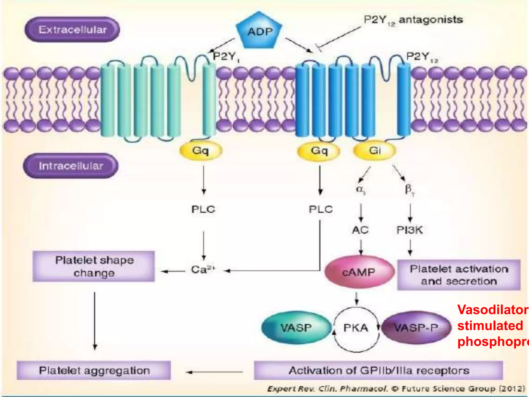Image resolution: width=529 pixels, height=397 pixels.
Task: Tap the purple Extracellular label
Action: pos(72,29)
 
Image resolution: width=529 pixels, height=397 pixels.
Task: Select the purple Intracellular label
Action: pos(71,166)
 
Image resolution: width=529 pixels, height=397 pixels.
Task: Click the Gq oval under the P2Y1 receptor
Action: pos(201,151)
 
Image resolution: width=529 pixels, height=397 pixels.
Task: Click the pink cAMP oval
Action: pos(359,272)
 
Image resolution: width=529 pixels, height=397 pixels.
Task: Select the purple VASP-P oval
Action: pos(416,328)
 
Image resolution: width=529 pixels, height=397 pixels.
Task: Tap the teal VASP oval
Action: pos(296,328)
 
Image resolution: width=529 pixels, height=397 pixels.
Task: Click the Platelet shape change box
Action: pos(94,266)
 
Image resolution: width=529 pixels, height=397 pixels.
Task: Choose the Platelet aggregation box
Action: pos(94,370)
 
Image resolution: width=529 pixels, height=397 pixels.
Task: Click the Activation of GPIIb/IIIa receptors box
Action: pos(378,370)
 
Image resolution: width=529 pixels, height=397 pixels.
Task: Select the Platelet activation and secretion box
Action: pos(459,275)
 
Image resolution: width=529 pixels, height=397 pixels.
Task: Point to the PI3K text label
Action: pos(409,230)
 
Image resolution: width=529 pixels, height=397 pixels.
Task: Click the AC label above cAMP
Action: pos(360,230)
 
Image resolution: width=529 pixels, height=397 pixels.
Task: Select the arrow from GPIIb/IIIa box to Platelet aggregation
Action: pos(214,372)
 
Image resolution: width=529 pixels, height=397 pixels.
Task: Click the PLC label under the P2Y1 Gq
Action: pos(203,209)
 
